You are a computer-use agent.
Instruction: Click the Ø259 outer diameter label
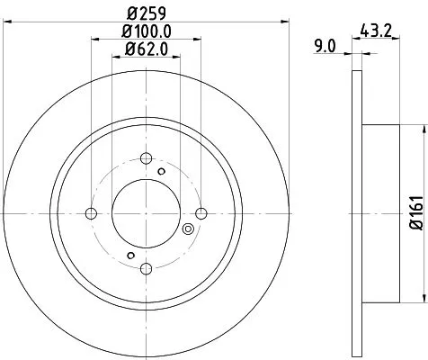pyautogui.click(x=146, y=14)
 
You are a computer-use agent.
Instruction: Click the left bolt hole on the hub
pyautogui.click(x=90, y=213)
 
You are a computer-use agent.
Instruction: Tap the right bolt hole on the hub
pyautogui.click(x=201, y=213)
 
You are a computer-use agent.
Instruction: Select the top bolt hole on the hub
pyautogui.click(x=146, y=158)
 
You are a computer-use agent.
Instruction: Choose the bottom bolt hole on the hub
pyautogui.click(x=146, y=269)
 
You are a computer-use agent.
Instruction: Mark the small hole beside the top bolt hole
pyautogui.click(x=162, y=169)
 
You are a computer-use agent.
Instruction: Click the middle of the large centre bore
pyautogui.click(x=146, y=213)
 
